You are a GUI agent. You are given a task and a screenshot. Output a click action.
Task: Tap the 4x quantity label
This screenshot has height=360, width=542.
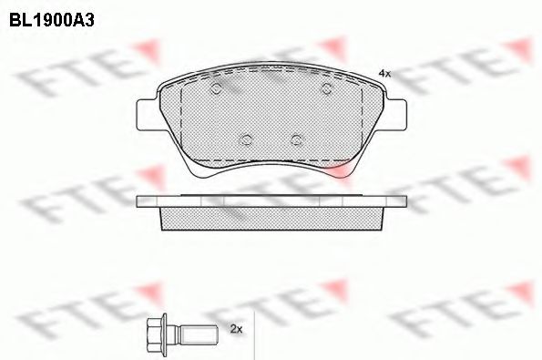click(x=383, y=73)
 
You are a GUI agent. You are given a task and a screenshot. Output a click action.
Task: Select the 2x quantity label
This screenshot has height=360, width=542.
click(x=236, y=328)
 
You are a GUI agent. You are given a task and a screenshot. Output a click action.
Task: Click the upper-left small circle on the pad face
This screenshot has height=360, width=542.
click(x=217, y=89)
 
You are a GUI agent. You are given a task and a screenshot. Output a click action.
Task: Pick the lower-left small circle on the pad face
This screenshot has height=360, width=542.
click(x=246, y=139)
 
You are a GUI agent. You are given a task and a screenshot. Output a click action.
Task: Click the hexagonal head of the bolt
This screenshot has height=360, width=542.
click(x=159, y=330)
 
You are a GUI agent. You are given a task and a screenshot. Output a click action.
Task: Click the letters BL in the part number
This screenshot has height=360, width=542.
click(x=19, y=17)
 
